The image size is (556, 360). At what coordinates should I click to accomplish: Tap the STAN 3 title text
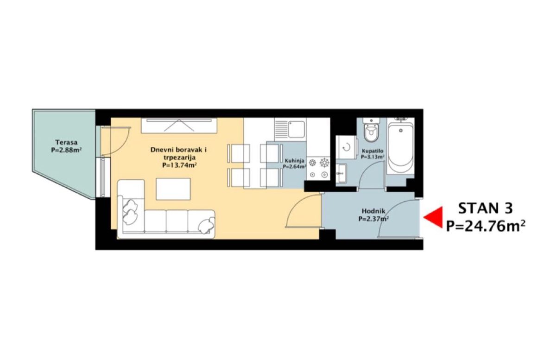(485, 208)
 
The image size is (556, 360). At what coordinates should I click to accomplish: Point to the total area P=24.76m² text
(486, 227)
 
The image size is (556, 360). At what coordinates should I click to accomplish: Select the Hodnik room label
(373, 211)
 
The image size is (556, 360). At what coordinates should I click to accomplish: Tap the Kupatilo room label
(373, 151)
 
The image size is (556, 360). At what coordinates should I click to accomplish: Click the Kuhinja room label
(294, 160)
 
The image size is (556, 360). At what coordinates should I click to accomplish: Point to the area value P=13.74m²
(179, 165)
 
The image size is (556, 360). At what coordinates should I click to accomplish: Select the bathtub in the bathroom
(400, 145)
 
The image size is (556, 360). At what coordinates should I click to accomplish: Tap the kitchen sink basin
(296, 129)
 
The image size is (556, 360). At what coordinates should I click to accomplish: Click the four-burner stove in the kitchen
(318, 169)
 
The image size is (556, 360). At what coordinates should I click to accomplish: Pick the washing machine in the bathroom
(346, 147)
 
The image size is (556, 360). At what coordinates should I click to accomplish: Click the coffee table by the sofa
(173, 189)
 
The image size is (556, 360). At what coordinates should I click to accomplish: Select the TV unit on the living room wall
(179, 126)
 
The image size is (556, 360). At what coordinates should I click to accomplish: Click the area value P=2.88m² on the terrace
(66, 150)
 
